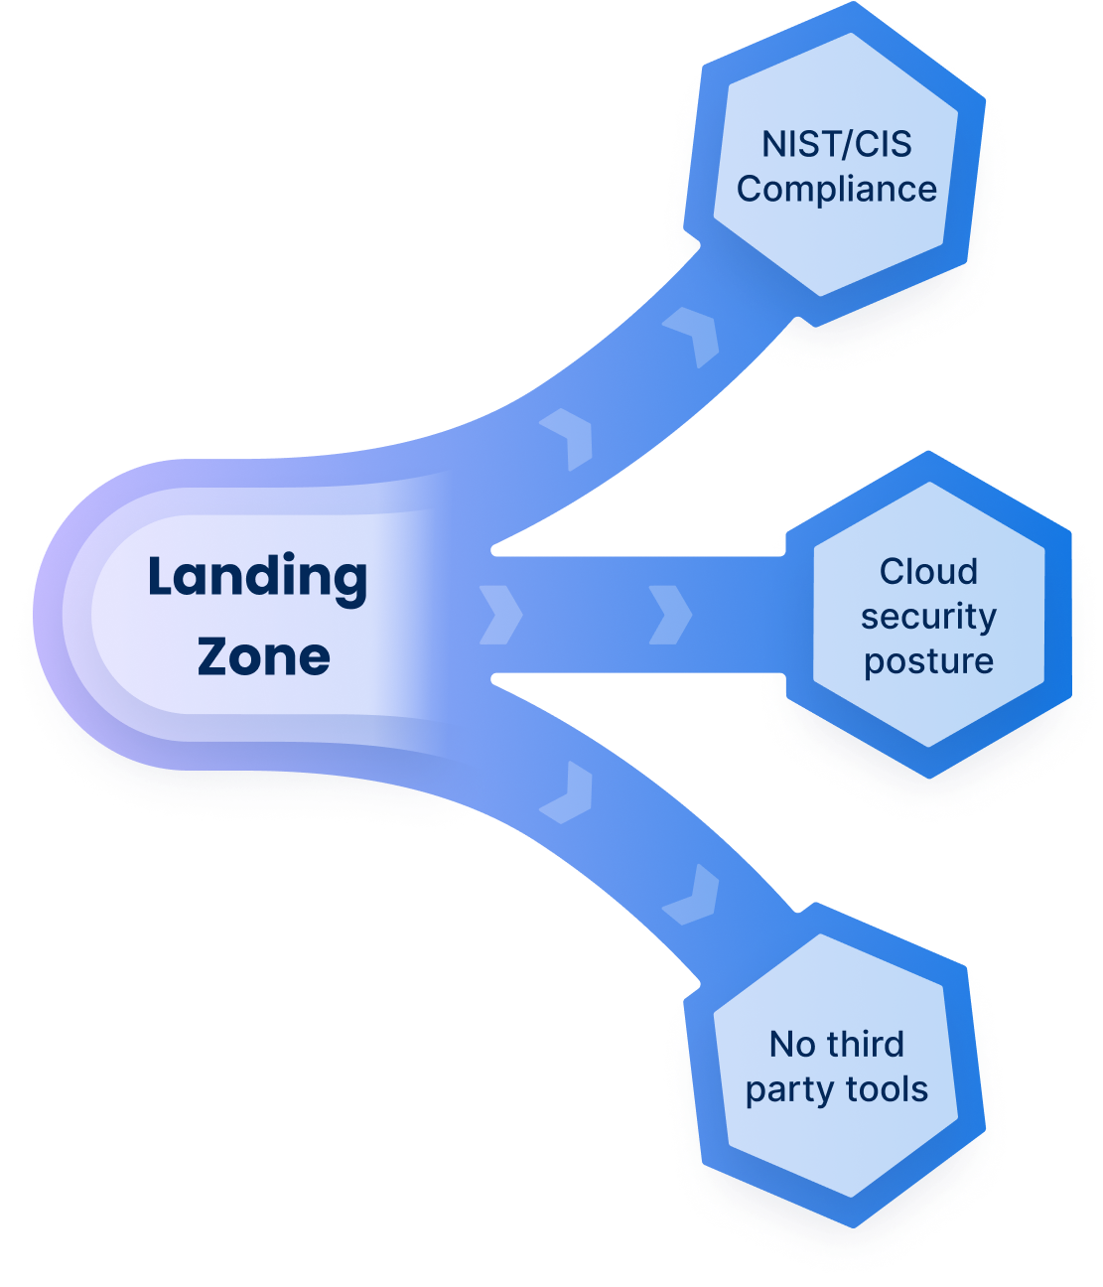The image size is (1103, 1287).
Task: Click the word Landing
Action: click(257, 579)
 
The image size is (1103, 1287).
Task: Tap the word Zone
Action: click(263, 656)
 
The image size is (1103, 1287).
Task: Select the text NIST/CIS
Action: click(836, 145)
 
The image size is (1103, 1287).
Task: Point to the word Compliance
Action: click(836, 189)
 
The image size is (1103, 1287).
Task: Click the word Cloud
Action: click(928, 572)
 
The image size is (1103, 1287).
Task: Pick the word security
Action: click(928, 617)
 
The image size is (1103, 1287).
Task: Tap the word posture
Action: click(928, 661)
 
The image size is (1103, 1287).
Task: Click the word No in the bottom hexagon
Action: click(792, 1045)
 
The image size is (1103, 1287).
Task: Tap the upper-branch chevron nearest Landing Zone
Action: click(571, 438)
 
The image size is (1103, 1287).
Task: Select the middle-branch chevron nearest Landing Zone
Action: click(500, 615)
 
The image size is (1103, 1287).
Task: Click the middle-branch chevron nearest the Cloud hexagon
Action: click(670, 615)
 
